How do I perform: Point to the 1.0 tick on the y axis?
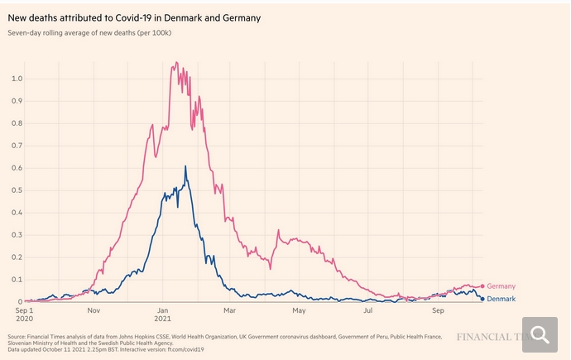17,79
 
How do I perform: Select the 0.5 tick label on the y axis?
17,190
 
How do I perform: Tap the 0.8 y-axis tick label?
17,123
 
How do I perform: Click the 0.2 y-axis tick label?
17,257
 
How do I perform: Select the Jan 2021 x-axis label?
162,315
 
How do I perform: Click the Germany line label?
502,286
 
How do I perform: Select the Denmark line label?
502,299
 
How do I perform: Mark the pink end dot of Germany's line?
482,286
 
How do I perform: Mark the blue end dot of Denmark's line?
482,299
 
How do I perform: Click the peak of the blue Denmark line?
185,166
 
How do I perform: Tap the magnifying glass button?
541,334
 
